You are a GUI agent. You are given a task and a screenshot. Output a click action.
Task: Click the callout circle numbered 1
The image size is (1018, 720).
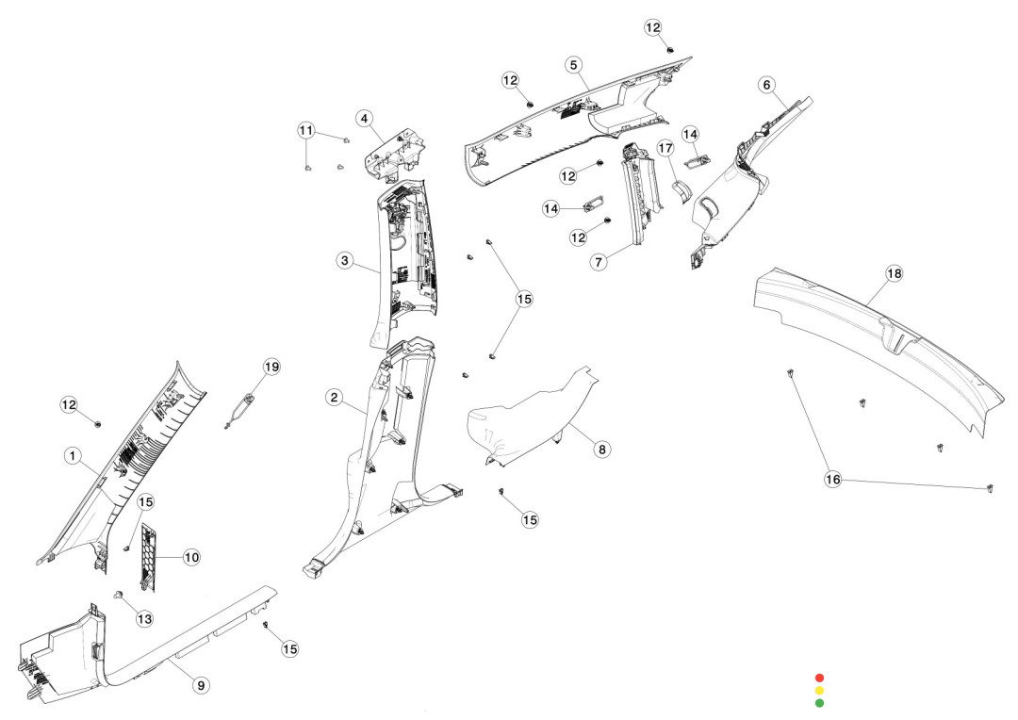[x=71, y=455]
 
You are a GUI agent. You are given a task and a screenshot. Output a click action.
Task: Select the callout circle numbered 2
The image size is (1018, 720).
[x=334, y=398]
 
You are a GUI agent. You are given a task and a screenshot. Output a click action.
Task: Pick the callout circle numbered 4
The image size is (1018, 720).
[x=363, y=119]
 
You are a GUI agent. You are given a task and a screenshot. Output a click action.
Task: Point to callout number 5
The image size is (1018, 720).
[x=574, y=64]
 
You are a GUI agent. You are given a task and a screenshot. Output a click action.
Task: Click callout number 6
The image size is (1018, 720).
[x=767, y=85]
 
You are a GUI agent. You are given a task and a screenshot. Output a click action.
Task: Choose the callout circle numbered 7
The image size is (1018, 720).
[x=599, y=263]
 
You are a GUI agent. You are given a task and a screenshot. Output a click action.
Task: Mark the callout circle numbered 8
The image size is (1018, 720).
[x=601, y=450]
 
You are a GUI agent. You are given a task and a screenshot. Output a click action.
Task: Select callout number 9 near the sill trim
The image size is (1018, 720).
[x=201, y=685]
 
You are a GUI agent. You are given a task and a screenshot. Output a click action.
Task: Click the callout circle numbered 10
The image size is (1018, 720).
[x=191, y=557]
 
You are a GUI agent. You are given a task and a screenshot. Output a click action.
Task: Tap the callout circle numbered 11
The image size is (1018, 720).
[x=306, y=129]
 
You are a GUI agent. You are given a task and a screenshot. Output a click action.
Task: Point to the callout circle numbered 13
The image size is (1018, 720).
[x=144, y=618]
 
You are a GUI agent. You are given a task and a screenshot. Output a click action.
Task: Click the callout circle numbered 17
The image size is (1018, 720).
[x=665, y=149]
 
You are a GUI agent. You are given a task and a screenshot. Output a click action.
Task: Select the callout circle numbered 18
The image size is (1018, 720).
[x=894, y=273]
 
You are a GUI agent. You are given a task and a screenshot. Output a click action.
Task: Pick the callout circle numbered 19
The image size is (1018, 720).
[x=271, y=366]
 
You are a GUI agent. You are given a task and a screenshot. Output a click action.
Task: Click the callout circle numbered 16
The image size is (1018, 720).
[x=833, y=480]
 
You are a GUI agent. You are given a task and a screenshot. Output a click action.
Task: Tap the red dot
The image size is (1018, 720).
[x=819, y=678]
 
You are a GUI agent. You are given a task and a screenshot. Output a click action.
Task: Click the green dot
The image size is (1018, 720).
[x=819, y=702]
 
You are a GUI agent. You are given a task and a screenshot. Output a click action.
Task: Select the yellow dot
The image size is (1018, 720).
[x=819, y=690]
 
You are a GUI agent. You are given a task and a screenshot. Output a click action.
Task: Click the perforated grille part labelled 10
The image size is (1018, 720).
[x=148, y=556]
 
